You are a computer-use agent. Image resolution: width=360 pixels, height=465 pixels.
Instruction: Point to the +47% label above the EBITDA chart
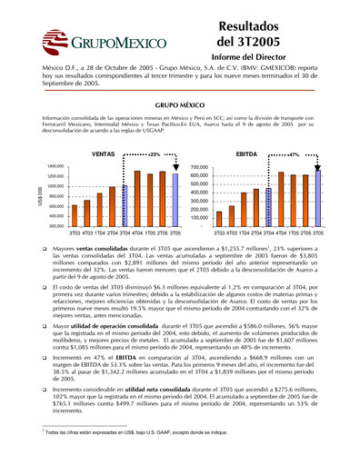pyautogui.click(x=293, y=154)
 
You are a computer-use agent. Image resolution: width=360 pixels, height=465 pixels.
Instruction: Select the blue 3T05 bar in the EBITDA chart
pyautogui.click(x=316, y=199)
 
